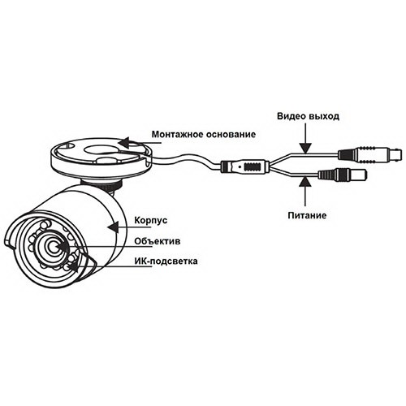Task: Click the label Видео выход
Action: (x=308, y=116)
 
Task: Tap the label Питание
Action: (x=307, y=215)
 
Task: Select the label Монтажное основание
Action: (x=204, y=134)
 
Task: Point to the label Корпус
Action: (x=150, y=220)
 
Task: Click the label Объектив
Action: (x=157, y=241)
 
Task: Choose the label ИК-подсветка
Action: (x=166, y=261)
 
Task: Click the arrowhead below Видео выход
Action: (x=305, y=148)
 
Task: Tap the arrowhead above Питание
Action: (x=305, y=181)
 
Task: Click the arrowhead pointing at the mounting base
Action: (x=123, y=143)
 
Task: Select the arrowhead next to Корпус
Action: (x=113, y=227)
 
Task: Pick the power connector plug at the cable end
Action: (x=343, y=175)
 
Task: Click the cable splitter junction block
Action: (x=245, y=166)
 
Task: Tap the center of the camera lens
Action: (x=54, y=246)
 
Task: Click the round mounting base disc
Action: (x=101, y=157)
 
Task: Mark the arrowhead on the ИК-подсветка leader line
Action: (x=74, y=267)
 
